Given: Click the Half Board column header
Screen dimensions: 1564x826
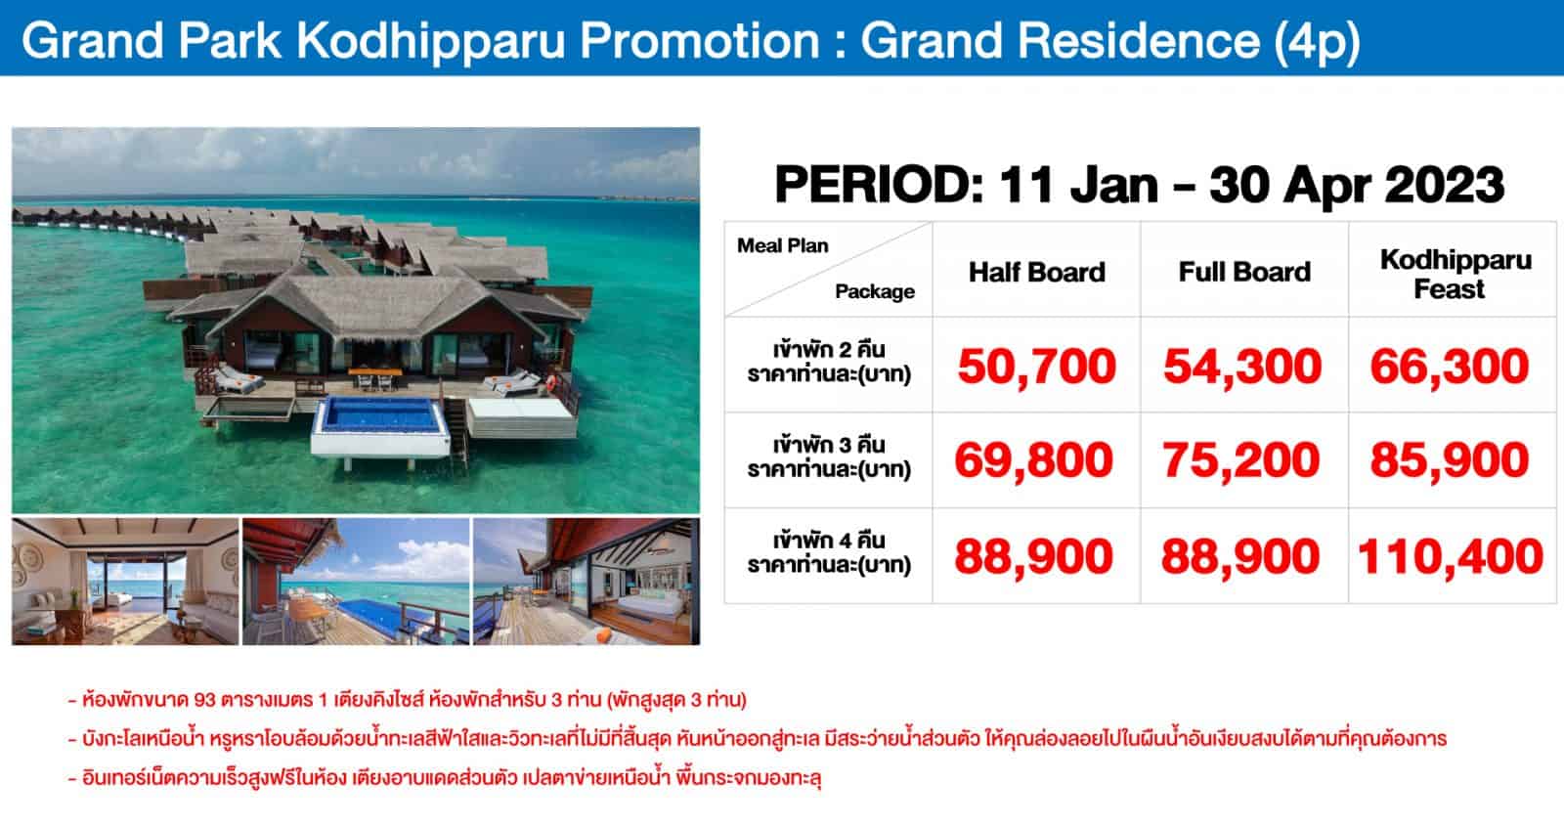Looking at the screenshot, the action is tap(1037, 273).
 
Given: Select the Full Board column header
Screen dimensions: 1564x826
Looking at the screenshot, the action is tap(1244, 273).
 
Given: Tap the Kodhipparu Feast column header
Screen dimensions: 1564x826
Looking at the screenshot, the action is tap(1455, 274).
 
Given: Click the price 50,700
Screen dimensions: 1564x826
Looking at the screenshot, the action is tap(1037, 367).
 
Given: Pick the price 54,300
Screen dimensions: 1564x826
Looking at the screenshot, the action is tap(1242, 367).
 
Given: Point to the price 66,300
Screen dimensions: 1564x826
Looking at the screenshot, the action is tap(1450, 367).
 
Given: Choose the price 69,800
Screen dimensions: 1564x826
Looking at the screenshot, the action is tap(1034, 460).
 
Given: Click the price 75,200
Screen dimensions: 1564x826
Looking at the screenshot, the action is tap(1241, 460).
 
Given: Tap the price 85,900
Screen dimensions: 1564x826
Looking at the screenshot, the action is tap(1450, 460).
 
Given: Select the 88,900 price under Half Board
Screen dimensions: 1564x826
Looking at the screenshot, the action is tap(1034, 556).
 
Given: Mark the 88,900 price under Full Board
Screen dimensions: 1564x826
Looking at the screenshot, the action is tap(1240, 556).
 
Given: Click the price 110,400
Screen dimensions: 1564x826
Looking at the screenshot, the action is tap(1451, 556).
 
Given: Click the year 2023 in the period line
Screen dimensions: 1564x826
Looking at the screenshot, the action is tap(1445, 185).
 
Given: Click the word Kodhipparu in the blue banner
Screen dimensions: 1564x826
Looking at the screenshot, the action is tap(431, 40).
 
